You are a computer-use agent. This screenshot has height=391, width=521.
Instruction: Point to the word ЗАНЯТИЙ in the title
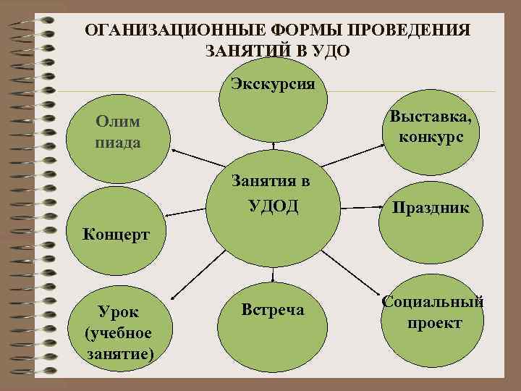[247, 51]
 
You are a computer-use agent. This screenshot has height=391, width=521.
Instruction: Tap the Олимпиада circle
[119, 133]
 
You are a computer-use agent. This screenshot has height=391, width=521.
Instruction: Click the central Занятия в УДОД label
[273, 194]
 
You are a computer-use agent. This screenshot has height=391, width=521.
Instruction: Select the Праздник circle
[430, 209]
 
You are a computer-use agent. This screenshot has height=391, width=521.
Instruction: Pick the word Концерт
[116, 234]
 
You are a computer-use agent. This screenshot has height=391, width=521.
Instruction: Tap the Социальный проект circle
[432, 311]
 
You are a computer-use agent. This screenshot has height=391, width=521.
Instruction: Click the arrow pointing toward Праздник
[365, 209]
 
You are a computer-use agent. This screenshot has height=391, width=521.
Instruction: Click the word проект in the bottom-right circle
[433, 322]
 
